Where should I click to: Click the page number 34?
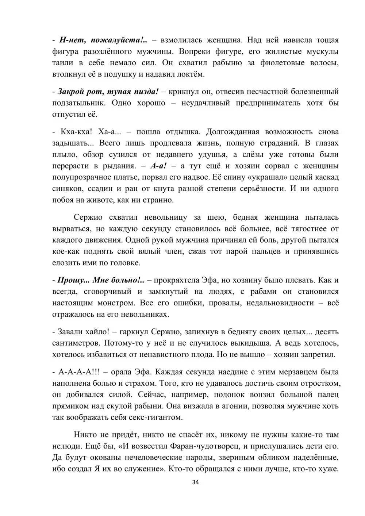(195, 482)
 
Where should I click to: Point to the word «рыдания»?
(120, 166)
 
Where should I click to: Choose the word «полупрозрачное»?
(89, 177)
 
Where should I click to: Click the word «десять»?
(327, 332)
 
